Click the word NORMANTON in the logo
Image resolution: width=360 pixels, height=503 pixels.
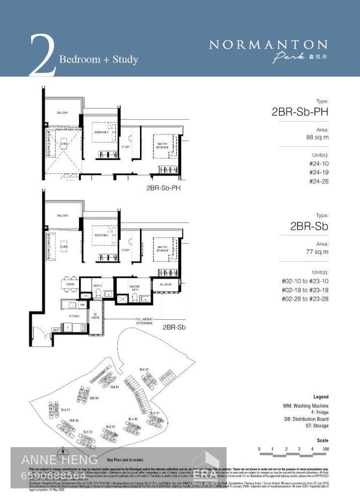[x=268, y=45]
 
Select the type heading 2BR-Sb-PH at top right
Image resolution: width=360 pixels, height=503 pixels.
[x=300, y=112]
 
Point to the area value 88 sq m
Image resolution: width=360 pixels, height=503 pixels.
[x=317, y=137]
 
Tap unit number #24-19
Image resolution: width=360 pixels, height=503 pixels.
[x=319, y=172]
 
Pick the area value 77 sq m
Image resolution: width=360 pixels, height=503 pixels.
[x=317, y=252]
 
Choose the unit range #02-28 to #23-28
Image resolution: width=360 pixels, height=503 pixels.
[x=305, y=299]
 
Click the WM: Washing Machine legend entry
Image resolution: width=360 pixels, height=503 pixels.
[x=306, y=406]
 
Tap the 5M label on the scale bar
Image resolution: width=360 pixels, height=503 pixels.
[x=326, y=449]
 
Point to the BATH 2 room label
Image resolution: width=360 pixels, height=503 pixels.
[x=98, y=285]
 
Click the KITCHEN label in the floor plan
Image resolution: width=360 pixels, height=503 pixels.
[x=75, y=316]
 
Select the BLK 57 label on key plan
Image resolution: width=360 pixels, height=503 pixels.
[x=65, y=410]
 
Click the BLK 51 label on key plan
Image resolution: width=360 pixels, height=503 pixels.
[x=117, y=426]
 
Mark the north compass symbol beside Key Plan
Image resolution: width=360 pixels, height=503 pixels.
[x=62, y=452]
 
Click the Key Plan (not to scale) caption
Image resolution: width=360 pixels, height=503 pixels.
[x=125, y=460]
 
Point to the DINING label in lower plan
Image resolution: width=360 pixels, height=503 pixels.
[x=70, y=284]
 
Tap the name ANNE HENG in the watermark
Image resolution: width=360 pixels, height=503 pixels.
[x=59, y=459]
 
